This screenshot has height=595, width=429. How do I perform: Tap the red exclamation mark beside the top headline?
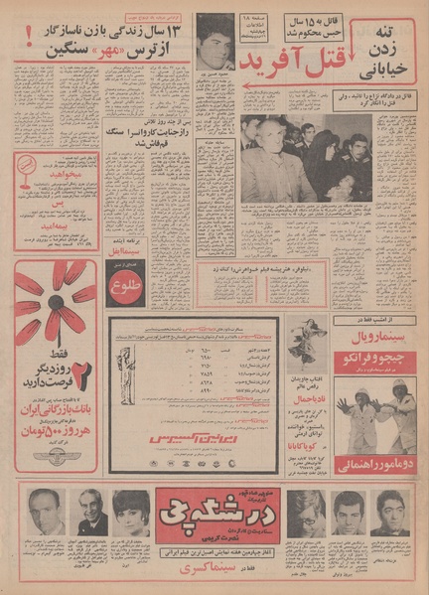[x=26, y=36]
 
